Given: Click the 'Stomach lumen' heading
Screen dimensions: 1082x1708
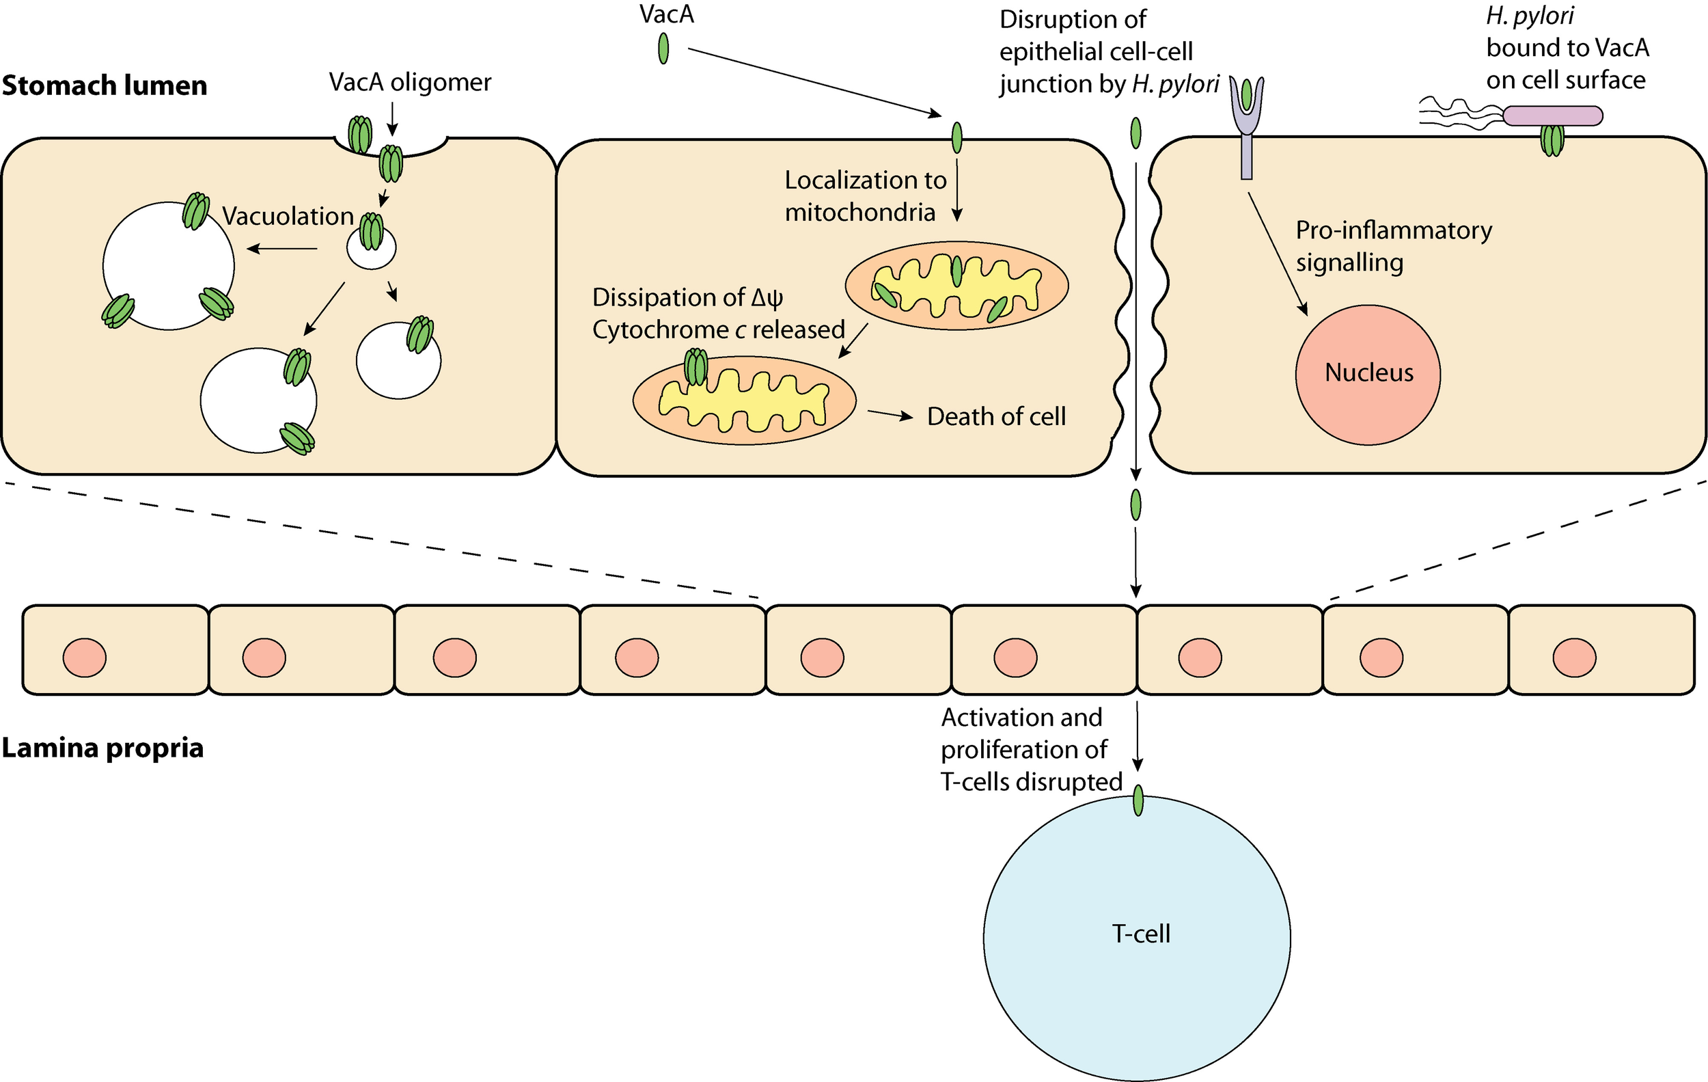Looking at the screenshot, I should [105, 85].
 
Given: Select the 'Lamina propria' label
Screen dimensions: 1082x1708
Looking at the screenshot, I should [103, 748].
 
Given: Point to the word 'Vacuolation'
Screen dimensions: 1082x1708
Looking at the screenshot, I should [288, 216].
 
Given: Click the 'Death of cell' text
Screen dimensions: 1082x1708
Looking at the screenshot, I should [996, 416].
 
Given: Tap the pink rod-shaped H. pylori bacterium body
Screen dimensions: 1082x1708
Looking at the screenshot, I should [1552, 116].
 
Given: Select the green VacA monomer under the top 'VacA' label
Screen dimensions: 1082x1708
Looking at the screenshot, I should [663, 50].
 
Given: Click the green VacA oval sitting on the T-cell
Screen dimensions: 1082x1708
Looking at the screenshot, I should [1138, 800].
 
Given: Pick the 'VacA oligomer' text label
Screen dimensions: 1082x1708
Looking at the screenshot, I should [410, 82].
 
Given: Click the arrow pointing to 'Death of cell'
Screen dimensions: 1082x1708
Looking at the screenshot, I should [890, 414].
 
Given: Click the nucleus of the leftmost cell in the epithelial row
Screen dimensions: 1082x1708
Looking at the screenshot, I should [85, 657].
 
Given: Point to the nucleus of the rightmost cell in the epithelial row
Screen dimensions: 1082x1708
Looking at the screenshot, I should [1574, 657].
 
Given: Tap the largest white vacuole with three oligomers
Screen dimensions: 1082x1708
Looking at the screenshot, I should [168, 266].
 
